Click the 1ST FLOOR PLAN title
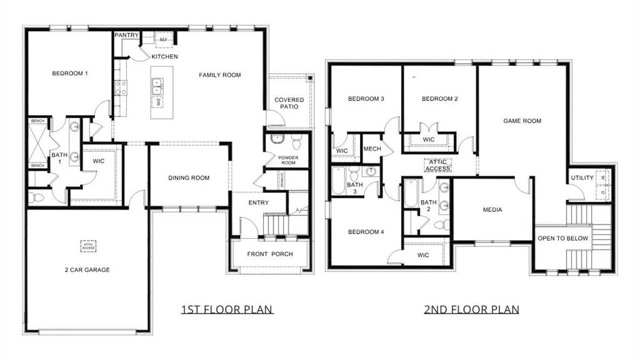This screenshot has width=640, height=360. (x=227, y=309)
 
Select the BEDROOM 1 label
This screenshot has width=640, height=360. (x=69, y=74)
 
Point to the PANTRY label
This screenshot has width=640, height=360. (x=126, y=36)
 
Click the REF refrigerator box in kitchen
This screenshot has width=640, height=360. (x=164, y=39)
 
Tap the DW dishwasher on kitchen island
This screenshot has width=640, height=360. (x=159, y=102)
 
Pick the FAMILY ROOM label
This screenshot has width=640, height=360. (x=220, y=75)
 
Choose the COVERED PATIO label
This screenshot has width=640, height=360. (x=289, y=103)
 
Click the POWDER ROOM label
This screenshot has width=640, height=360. (x=288, y=160)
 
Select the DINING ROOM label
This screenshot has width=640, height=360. (x=189, y=178)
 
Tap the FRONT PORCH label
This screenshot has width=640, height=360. (x=270, y=254)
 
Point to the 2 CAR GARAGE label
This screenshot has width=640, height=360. (x=87, y=270)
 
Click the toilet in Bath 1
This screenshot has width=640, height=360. (x=38, y=198)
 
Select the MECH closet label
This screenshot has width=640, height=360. (x=372, y=149)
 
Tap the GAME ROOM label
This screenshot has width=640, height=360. (x=522, y=121)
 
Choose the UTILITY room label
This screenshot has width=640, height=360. (x=582, y=178)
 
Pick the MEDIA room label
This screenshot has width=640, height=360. (x=492, y=210)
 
